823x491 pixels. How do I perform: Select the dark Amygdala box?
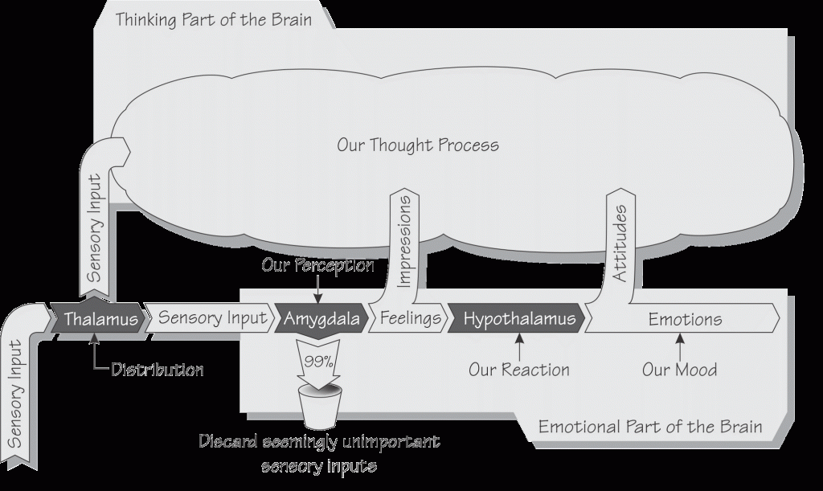click(321, 318)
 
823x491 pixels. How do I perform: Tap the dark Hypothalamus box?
click(519, 318)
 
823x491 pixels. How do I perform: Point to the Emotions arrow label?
click(685, 318)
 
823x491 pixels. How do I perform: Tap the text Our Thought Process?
click(418, 145)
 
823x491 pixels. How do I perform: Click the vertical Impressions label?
click(405, 240)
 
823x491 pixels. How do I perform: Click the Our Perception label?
click(318, 264)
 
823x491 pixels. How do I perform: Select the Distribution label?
click(157, 370)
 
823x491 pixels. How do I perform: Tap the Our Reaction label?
click(519, 370)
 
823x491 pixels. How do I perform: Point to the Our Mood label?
click(679, 370)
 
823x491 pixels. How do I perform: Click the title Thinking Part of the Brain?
click(213, 18)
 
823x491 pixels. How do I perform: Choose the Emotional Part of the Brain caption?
click(649, 426)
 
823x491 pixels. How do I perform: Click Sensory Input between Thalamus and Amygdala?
click(212, 318)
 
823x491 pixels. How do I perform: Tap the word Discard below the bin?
click(229, 443)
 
